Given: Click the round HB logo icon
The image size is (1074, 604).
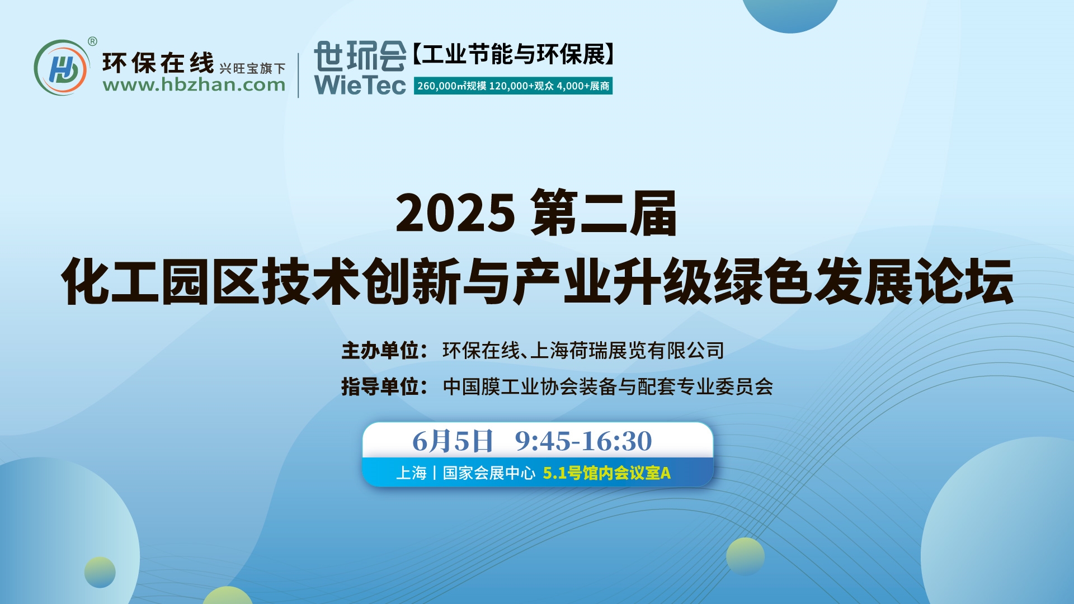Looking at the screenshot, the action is point(61,68).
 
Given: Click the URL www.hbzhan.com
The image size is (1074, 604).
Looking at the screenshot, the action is point(194,85).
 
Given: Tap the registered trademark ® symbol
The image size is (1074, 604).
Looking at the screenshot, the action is point(93,41).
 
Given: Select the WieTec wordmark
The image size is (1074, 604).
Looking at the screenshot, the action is point(360,85).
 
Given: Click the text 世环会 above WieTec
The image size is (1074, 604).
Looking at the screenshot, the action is point(360,56).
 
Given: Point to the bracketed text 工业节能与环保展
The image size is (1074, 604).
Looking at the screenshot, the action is point(514,54).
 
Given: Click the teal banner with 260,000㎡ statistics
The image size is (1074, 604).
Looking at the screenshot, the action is point(513,86).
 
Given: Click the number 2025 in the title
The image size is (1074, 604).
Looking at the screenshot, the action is point(455,213).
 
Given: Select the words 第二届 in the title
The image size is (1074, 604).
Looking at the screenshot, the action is point(605,213).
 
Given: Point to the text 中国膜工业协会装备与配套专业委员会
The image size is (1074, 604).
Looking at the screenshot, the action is point(608,386).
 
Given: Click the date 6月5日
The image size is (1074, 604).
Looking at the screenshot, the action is point(453,441).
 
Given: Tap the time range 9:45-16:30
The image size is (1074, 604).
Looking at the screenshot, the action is point(583,441).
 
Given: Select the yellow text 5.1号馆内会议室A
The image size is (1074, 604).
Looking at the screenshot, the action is point(607,473).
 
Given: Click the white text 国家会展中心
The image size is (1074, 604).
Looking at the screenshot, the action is point(489,473).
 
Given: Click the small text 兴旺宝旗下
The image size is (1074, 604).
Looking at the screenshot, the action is point(252,68).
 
